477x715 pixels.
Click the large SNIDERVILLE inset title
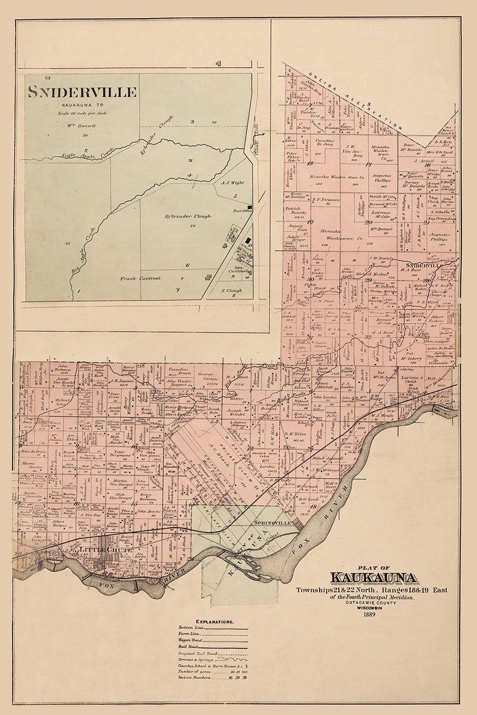tap(82, 92)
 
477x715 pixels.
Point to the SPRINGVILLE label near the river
tap(273, 523)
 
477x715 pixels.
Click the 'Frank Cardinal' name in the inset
tap(141, 279)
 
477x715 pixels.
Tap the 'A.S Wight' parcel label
tap(232, 183)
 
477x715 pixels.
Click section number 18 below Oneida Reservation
tap(311, 163)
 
